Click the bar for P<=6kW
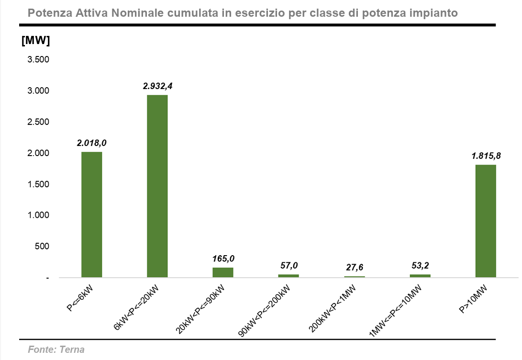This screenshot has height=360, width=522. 92,214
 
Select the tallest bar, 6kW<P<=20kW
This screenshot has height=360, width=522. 157,186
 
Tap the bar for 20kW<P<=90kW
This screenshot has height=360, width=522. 223,272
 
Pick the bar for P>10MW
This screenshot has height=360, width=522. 486,221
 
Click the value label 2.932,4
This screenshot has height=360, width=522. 157,86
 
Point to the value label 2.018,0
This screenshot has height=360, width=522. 92,143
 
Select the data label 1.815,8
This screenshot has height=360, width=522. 486,156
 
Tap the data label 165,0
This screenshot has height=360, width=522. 223,259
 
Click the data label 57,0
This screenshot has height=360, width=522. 289,266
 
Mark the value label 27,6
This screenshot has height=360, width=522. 355,268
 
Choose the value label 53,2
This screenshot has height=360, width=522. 420,266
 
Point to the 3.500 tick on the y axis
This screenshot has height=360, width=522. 38,60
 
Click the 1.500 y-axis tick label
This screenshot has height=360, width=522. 38,184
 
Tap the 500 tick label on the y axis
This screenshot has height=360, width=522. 42,247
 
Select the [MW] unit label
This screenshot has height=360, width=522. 35,41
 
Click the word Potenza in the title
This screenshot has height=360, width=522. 48,13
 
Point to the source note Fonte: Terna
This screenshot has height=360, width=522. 56,349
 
